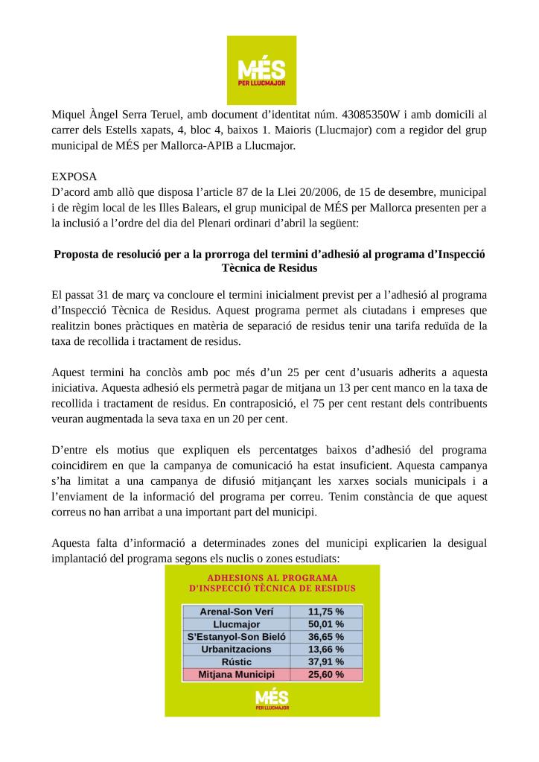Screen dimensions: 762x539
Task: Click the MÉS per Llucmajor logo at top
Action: [x=261, y=70]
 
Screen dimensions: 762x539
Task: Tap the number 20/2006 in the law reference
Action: [x=339, y=193]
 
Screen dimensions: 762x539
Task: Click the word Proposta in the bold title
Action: [x=77, y=254]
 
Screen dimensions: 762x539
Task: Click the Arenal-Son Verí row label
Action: [x=236, y=611]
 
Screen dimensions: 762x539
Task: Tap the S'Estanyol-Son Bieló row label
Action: [x=236, y=636]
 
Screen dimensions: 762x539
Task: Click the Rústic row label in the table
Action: [x=236, y=661]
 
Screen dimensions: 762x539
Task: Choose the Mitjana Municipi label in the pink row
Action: [x=236, y=674]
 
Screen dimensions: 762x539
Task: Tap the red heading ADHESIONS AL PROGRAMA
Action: [x=272, y=577]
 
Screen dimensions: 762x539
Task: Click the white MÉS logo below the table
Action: [x=272, y=699]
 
